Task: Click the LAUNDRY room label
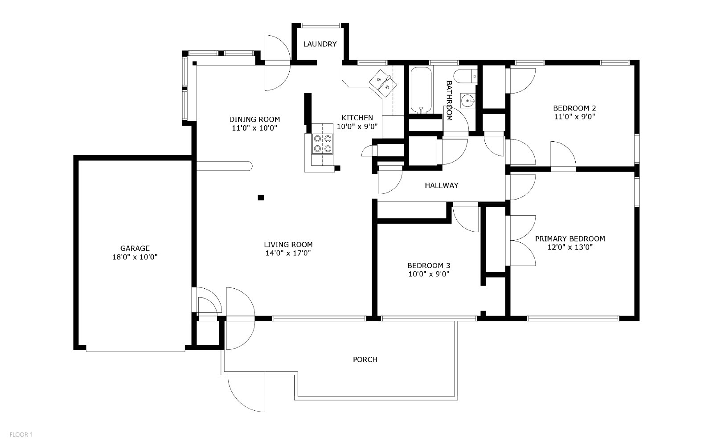coord(320,44)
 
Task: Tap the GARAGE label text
coord(135,248)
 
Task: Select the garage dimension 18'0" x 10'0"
coord(135,257)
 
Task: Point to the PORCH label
coord(365,360)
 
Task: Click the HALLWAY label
coord(442,185)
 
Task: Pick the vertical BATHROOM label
coord(449,101)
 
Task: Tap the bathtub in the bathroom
coord(421,90)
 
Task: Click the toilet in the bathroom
coord(465,77)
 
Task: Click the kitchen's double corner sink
coord(383,83)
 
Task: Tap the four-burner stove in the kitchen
coord(323,143)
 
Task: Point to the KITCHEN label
coord(357,118)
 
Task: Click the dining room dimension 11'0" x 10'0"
coord(254,128)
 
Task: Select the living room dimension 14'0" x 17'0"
coord(288,253)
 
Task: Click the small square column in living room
coord(261,197)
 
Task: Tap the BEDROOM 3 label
coord(429,266)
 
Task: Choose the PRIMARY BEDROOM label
coord(570,239)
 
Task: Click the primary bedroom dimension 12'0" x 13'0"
coord(570,247)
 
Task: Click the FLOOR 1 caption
coord(21,434)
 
